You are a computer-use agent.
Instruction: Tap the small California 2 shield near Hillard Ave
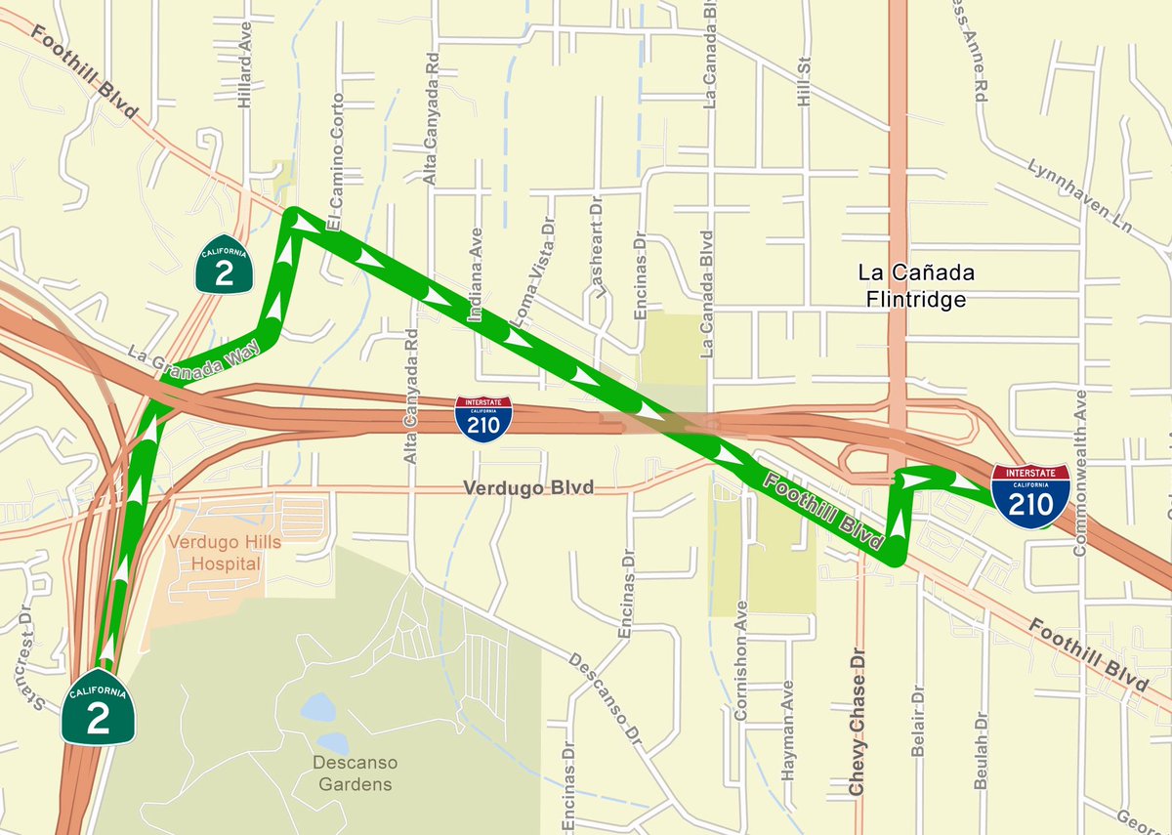(x=224, y=264)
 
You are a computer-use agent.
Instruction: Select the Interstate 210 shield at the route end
(x=1030, y=495)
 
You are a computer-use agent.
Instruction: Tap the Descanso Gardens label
(x=353, y=771)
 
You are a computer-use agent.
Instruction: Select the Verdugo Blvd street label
(x=528, y=487)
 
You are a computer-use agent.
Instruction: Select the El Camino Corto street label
(x=337, y=161)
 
